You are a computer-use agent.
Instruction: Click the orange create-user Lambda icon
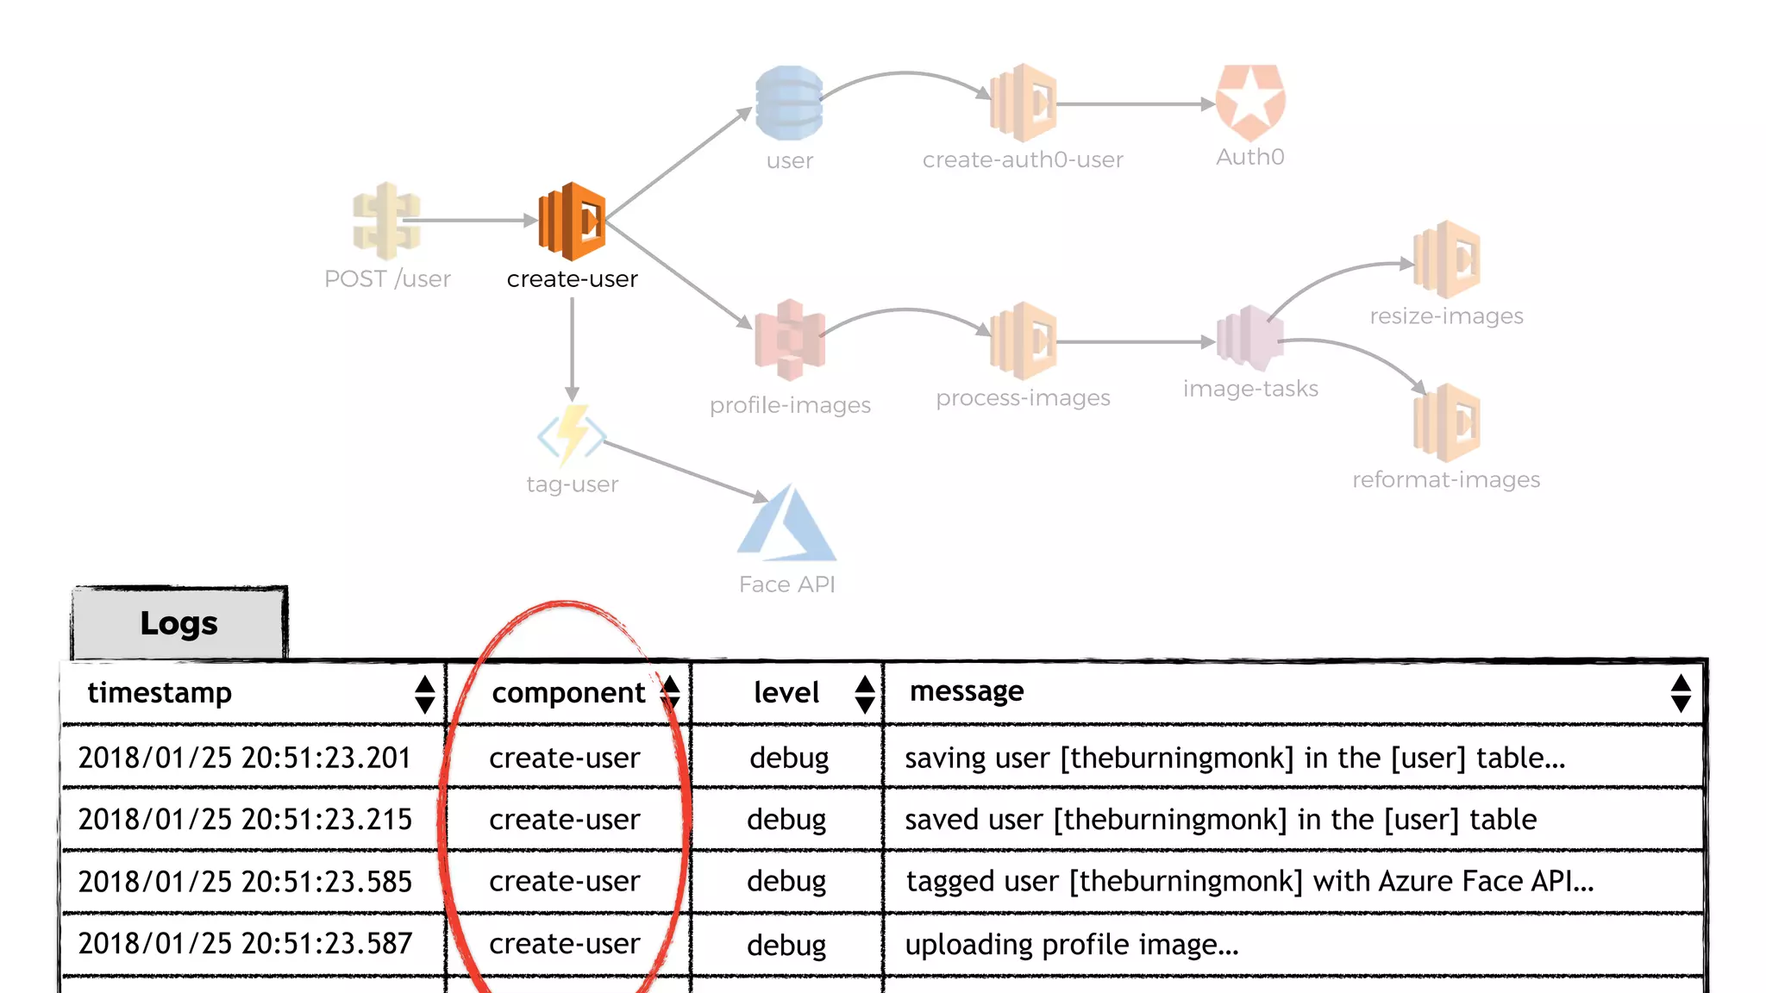[572, 222]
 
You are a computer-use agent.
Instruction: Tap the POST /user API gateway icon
[386, 221]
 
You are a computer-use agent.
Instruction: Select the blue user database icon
[789, 103]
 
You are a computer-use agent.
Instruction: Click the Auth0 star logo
[1250, 103]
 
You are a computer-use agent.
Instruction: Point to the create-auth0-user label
[1023, 159]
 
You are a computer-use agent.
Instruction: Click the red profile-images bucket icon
[790, 340]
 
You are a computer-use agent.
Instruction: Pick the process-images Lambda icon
[1024, 340]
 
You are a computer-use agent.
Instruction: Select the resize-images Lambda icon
[1447, 259]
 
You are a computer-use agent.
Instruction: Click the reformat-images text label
[1446, 479]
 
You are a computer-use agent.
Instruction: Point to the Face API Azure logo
[786, 524]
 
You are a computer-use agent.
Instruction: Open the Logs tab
[179, 623]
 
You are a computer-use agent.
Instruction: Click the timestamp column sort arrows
[424, 694]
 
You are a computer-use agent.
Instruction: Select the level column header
[786, 693]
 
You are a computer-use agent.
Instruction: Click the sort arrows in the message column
[1680, 693]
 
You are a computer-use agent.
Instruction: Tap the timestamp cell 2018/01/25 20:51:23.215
[245, 819]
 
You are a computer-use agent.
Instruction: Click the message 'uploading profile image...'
[1071, 945]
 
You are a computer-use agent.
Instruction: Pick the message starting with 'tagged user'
[1249, 881]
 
